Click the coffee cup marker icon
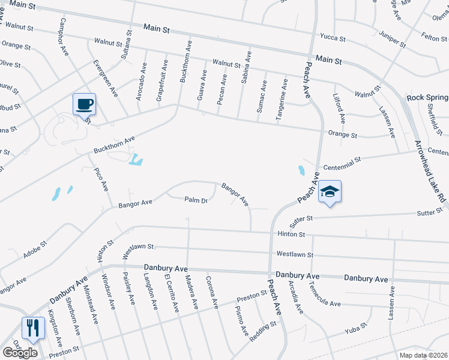[84, 104]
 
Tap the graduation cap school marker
[330, 191]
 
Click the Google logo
[20, 352]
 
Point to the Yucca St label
[333, 38]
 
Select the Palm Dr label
[196, 200]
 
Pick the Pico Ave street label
[100, 179]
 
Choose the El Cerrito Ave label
[172, 293]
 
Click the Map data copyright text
[423, 355]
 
